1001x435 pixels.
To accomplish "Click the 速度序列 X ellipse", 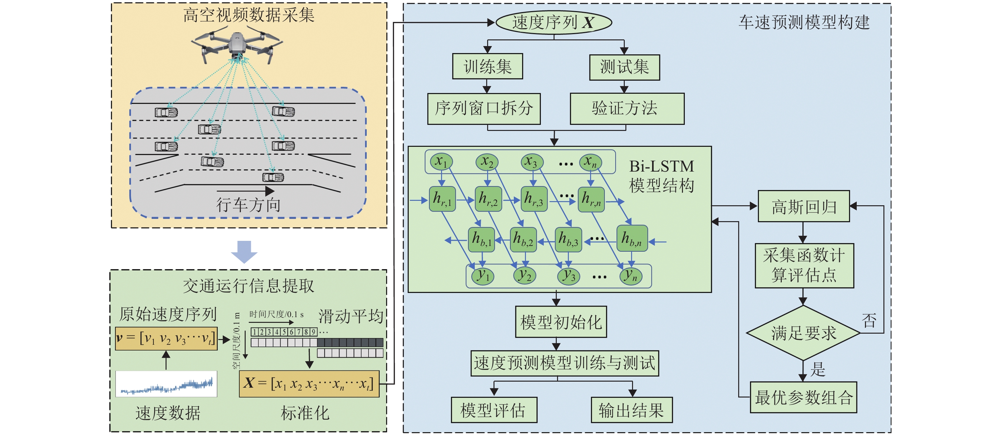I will coord(554,22).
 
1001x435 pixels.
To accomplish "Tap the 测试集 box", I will coord(624,67).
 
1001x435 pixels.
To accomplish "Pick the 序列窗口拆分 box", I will coord(484,108).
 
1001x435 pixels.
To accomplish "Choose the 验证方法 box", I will coord(627,108).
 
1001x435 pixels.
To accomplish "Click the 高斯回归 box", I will coord(804,206).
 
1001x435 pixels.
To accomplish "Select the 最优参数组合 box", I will coord(803,397).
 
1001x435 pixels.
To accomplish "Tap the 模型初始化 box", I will coord(561,322).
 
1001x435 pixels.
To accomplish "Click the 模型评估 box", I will coord(494,410).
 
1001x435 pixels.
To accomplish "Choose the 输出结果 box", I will coord(631,410).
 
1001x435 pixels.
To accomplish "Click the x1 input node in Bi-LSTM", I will coord(441,161).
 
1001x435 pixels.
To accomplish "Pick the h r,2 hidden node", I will coord(488,199).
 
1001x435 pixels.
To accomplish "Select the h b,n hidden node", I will coord(632,238).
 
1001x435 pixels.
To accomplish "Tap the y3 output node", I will coord(569,276).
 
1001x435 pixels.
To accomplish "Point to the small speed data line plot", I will coord(166,384).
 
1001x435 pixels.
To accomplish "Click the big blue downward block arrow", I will coord(244,252).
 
